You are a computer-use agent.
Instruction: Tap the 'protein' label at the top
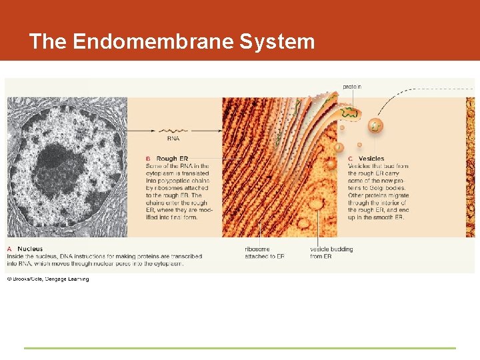352,87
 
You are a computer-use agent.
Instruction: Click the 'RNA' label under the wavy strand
173,139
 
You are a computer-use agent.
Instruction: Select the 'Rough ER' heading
172,159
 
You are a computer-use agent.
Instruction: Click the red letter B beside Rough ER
148,159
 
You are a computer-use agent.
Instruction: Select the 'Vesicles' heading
371,159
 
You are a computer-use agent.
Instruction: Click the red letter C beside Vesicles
351,159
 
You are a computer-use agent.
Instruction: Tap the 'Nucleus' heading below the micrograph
31,249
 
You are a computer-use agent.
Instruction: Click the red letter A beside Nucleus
10,249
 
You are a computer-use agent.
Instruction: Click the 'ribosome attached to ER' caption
265,253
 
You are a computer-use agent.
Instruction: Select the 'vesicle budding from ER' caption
331,253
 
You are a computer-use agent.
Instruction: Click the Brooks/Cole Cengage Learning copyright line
47,279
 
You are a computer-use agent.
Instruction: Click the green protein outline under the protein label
351,113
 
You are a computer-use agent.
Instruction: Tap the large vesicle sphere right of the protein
376,125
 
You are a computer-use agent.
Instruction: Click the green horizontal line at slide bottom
240,348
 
